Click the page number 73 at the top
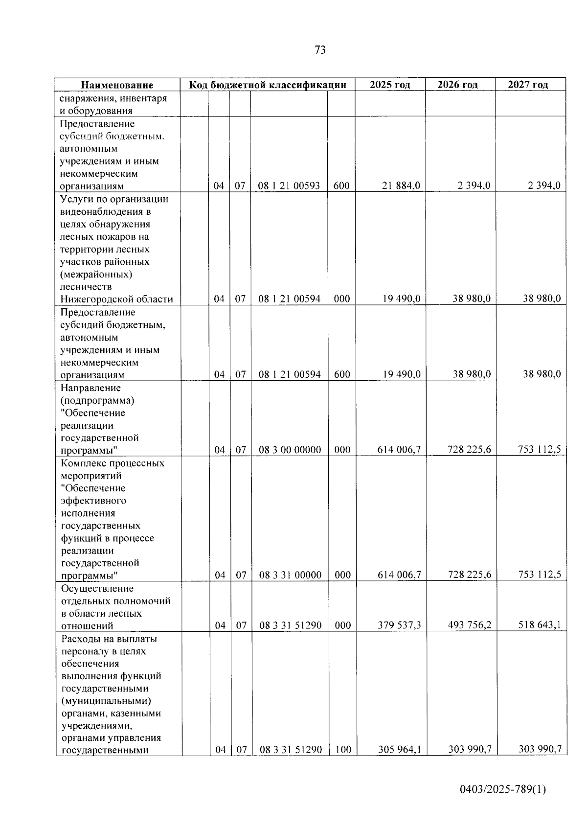pos(320,50)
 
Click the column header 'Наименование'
pos(117,85)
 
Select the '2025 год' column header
pos(390,85)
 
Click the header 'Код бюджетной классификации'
pos(268,85)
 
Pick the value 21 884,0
pos(401,186)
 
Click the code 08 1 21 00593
pos(289,186)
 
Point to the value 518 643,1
pos(540,625)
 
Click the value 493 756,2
pos(470,625)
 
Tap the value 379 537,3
pos(400,625)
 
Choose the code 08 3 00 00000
pos(290,450)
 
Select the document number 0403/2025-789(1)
pos(503,789)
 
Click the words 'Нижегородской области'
pos(116,299)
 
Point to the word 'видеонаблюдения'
pos(105,212)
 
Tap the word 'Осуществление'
pos(97,588)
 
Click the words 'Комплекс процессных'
pos(113,463)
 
